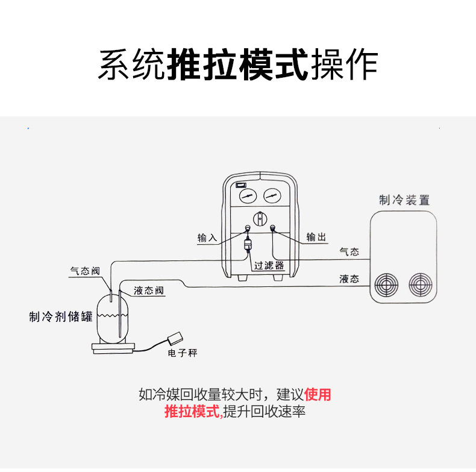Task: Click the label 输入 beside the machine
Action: click(x=207, y=238)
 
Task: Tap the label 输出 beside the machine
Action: click(x=316, y=237)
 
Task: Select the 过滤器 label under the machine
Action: click(x=269, y=266)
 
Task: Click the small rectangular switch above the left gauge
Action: click(x=241, y=184)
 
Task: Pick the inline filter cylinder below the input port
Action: click(x=247, y=246)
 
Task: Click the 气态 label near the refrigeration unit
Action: click(x=349, y=252)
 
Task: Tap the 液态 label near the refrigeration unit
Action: click(x=349, y=279)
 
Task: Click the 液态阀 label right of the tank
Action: click(x=148, y=291)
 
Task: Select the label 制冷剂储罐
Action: click(x=61, y=316)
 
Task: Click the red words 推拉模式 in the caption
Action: click(x=192, y=413)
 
